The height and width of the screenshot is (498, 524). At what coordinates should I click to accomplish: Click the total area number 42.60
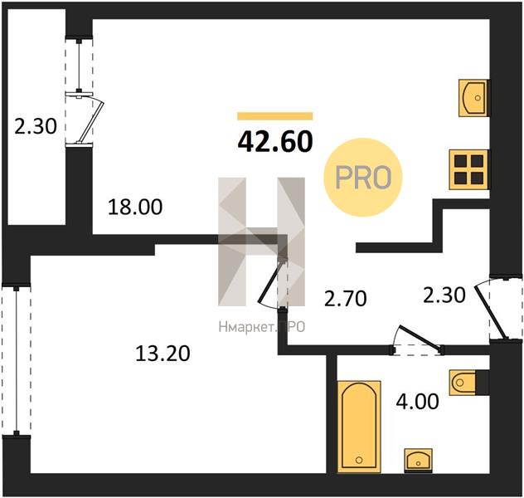275,141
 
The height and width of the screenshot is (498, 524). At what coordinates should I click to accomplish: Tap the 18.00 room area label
135,207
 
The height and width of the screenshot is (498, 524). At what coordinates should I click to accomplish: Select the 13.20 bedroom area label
163,354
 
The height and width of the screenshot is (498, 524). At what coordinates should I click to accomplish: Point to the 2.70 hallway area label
346,299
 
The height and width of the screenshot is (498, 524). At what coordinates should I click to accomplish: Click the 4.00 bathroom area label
417,402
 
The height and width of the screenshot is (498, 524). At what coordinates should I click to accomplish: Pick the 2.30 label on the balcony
36,127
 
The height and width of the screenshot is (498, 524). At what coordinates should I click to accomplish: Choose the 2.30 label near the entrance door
444,295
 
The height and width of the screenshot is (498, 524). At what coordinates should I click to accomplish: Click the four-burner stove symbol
468,169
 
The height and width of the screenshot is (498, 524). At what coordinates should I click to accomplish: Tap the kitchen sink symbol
473,98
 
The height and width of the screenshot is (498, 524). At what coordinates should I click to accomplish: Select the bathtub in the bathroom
359,427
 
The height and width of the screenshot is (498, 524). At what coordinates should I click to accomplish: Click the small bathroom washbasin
418,461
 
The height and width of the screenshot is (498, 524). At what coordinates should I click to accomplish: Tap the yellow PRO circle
363,178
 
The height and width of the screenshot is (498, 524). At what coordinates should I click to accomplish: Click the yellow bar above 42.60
275,116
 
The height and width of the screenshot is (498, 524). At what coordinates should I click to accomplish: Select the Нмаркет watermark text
262,327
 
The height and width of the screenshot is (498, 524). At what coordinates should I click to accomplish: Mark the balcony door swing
91,119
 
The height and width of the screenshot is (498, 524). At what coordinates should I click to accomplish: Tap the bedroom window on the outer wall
16,361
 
